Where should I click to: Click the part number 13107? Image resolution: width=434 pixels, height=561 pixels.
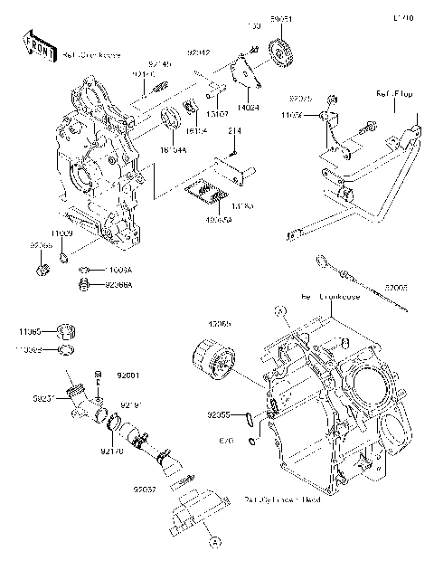point(215,115)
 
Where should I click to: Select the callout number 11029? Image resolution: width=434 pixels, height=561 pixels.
point(61,233)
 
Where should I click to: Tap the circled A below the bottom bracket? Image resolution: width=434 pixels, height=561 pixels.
point(215,541)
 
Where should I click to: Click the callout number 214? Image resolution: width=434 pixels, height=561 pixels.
point(231,132)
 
